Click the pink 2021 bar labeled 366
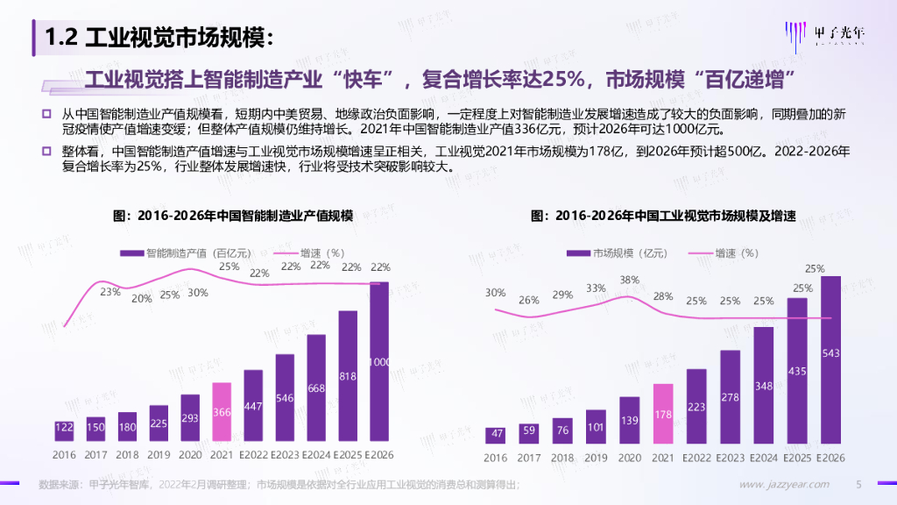pos(222,412)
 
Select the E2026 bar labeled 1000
pos(379,361)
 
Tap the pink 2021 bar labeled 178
pos(663,413)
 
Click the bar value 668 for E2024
pos(316,388)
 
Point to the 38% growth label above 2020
pos(629,281)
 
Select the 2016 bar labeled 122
pos(64,428)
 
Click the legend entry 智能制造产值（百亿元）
pos(187,252)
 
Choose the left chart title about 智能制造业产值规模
pos(233,215)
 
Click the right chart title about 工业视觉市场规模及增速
pos(663,215)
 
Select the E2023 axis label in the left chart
pos(285,456)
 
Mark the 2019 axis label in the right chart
pos(596,458)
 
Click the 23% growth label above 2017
pos(109,292)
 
